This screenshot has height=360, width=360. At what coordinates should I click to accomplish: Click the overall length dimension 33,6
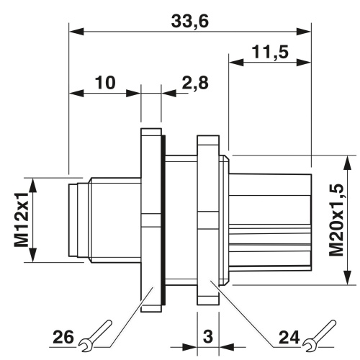[x=190, y=21]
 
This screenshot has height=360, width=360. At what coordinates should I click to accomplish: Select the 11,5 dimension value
[x=270, y=52]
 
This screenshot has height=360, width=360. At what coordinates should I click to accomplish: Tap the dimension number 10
[x=105, y=82]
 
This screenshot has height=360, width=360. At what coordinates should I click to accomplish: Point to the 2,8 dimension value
[x=194, y=83]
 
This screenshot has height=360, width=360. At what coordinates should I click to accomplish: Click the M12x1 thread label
[x=22, y=220]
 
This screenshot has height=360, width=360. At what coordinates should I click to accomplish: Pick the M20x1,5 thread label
[x=336, y=220]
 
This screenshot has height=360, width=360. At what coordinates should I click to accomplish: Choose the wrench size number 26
[x=63, y=337]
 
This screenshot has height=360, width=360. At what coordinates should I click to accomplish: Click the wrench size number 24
[x=289, y=337]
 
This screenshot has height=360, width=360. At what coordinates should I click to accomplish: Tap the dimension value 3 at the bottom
[x=208, y=336]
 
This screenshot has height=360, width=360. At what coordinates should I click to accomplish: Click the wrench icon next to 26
[x=95, y=334]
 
